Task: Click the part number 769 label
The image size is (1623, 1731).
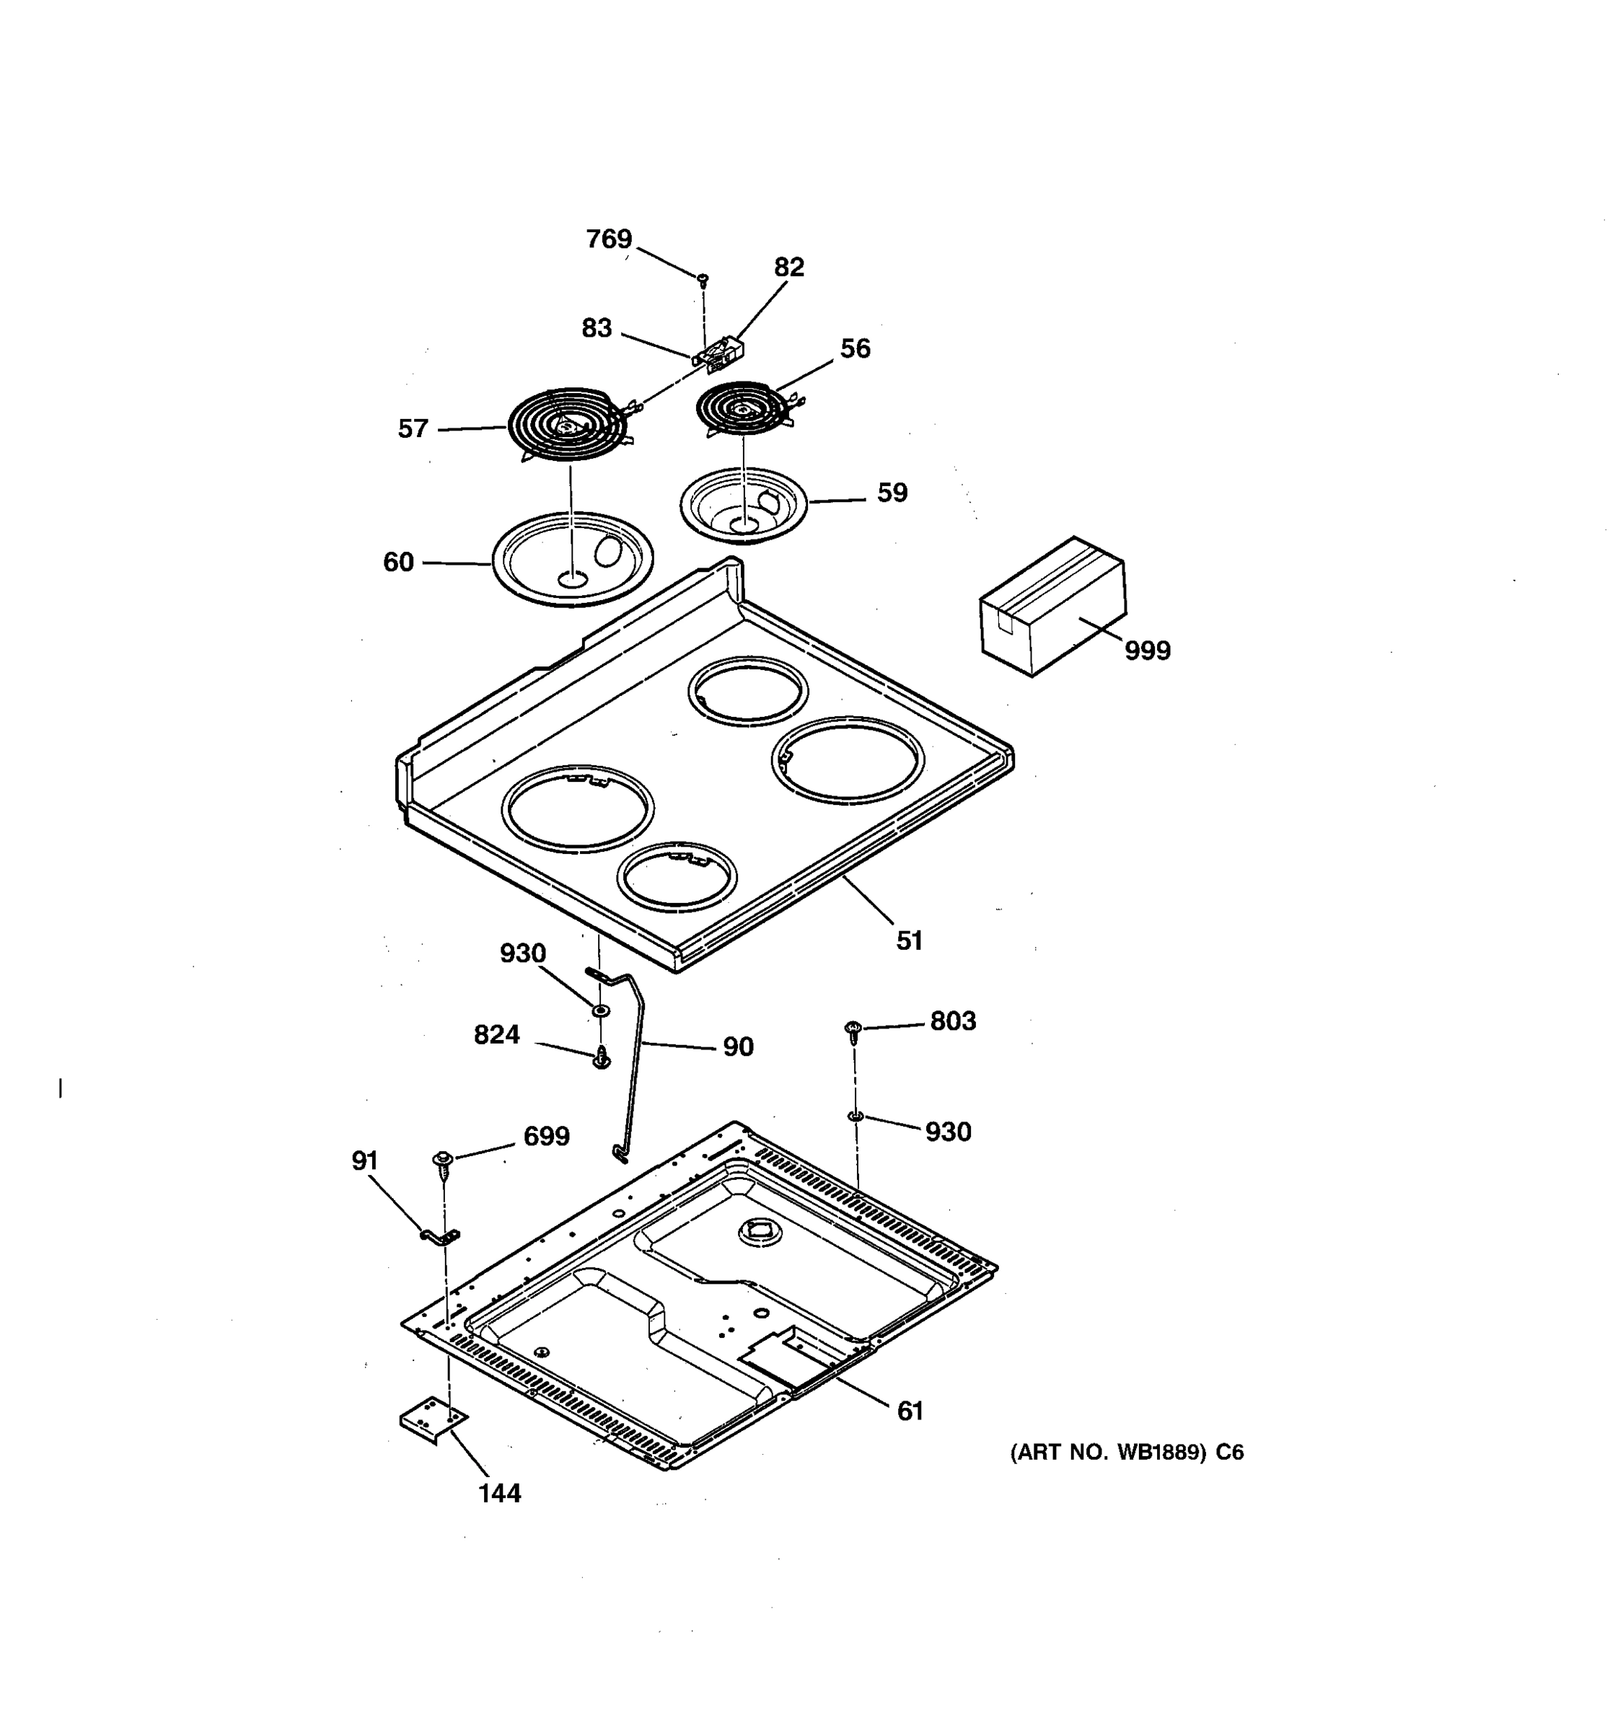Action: (609, 239)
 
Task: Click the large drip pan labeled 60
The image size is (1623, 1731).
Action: (572, 560)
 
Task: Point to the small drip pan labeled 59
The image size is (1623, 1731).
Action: (744, 505)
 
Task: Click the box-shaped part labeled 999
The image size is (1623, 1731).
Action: (1052, 605)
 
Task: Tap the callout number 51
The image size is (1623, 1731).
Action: (909, 941)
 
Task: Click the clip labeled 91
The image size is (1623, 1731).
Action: (441, 1236)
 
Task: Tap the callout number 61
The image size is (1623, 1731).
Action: (910, 1411)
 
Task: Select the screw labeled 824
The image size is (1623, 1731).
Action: (601, 1059)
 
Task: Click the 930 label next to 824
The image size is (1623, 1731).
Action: (522, 953)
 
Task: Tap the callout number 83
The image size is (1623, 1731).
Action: (597, 328)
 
